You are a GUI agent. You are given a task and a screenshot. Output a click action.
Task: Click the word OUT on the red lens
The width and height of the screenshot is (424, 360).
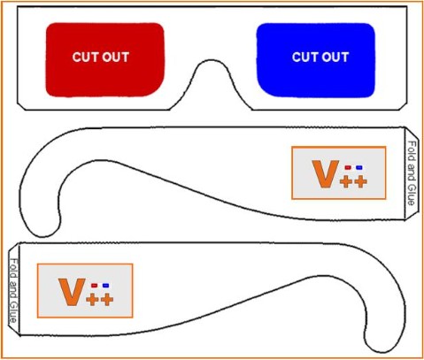[116, 57]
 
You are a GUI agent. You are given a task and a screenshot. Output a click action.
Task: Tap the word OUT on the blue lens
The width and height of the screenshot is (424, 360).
[335, 57]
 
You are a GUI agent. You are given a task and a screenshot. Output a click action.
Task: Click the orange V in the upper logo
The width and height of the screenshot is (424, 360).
[326, 174]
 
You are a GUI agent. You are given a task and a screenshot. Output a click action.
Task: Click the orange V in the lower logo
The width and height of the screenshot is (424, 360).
[72, 292]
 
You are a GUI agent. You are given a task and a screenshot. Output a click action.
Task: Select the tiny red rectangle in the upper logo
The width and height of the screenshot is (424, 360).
[348, 167]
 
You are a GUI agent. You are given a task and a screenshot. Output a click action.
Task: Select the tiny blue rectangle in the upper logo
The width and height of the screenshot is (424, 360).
[358, 167]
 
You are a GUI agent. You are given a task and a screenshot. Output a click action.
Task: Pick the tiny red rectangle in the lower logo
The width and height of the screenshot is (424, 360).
[95, 286]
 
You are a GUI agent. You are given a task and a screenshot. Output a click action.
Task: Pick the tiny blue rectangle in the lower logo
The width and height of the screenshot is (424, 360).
[105, 286]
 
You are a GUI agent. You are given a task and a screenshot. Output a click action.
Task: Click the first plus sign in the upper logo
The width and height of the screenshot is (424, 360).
[346, 181]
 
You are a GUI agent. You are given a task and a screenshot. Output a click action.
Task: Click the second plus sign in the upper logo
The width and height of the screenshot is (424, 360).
[360, 181]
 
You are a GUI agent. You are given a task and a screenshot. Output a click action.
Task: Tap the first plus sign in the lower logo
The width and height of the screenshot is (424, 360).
[92, 300]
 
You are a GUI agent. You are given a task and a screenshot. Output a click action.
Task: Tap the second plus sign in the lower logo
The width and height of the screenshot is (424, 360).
[107, 300]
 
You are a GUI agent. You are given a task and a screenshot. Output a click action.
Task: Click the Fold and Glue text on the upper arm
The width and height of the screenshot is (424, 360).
[412, 172]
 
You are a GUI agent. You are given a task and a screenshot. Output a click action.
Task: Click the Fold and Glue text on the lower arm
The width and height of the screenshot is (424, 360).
[13, 291]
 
